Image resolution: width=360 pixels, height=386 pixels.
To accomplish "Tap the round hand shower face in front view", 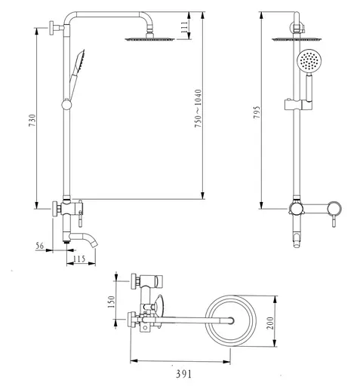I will coord(308,60).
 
